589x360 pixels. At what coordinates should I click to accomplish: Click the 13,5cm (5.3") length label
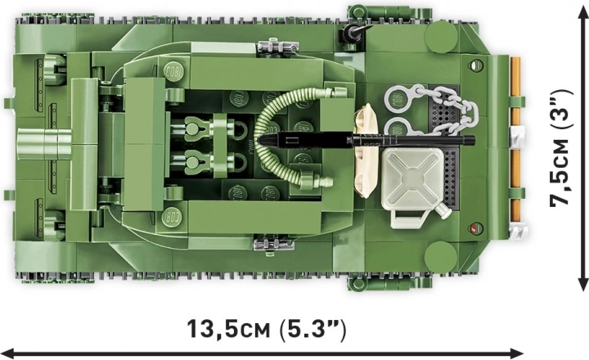coord(266,329)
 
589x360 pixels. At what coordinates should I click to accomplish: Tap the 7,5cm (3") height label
coord(561,147)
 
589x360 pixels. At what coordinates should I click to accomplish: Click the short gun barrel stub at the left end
coord(44,144)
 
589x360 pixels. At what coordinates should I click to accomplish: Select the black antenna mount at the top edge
coord(354,34)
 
